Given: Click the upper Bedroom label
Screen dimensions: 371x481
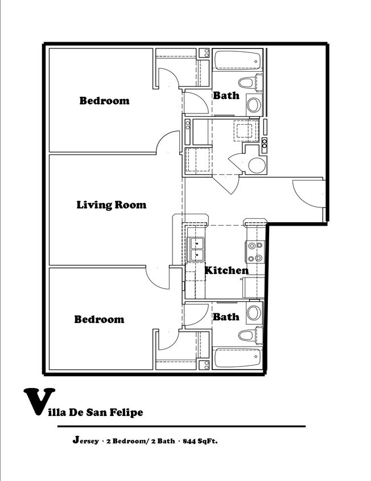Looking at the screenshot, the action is [x=104, y=101].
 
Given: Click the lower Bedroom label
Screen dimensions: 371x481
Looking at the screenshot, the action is [x=99, y=319].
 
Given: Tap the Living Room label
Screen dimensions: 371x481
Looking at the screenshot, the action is [x=111, y=205].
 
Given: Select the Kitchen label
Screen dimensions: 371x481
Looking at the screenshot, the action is [x=226, y=270].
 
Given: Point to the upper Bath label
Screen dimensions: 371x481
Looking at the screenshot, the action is [x=226, y=95].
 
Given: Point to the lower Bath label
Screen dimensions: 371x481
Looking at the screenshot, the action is [x=226, y=316].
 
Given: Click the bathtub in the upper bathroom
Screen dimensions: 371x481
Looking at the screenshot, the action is [x=238, y=60].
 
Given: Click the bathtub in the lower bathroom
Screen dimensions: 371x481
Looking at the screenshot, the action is [x=238, y=357].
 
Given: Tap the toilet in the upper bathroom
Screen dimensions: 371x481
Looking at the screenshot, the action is [x=250, y=83].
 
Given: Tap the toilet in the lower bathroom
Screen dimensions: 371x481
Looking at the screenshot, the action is [x=250, y=335].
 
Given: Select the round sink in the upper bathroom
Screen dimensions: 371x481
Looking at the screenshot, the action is [x=254, y=105].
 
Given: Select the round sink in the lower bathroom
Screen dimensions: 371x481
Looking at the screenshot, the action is [x=254, y=313].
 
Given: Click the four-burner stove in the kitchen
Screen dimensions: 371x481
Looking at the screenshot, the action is [x=255, y=251].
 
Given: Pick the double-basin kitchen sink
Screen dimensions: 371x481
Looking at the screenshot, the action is [x=196, y=249].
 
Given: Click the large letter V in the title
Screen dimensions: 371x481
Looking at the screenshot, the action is [x=39, y=401].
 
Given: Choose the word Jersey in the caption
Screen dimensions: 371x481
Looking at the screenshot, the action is [x=86, y=441].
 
